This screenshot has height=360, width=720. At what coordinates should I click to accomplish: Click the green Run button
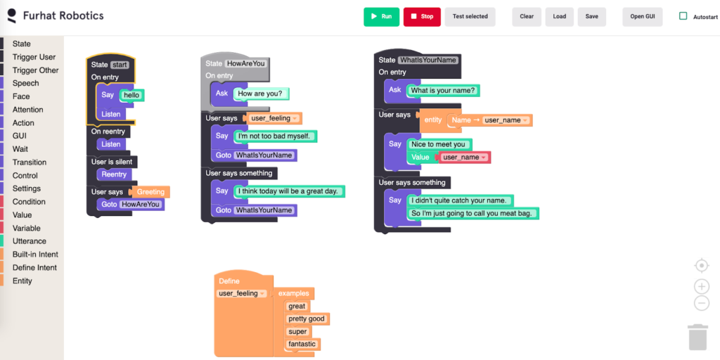[x=382, y=17]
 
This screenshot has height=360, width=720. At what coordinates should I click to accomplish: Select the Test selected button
[x=470, y=17]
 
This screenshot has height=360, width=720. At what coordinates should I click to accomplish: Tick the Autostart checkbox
[x=683, y=16]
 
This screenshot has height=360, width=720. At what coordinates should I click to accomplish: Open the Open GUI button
[x=643, y=17]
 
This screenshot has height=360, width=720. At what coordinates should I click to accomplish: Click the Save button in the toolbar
[x=592, y=17]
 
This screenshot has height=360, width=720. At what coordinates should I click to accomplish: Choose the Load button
[x=559, y=17]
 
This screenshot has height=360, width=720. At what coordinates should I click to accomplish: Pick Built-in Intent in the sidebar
[x=35, y=255]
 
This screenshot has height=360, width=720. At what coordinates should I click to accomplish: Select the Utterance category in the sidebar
[x=30, y=241]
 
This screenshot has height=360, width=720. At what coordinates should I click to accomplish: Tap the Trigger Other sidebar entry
[x=35, y=70]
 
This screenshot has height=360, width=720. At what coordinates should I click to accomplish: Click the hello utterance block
[x=132, y=96]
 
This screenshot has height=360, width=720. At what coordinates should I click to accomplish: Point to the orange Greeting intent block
[x=150, y=192]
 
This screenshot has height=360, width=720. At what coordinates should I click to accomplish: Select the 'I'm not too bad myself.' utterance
[x=275, y=136]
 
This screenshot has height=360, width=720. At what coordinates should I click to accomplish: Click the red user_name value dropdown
[x=465, y=157]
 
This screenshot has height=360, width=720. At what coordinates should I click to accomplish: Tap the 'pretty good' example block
[x=307, y=319]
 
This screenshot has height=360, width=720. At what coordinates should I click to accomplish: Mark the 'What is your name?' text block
[x=443, y=91]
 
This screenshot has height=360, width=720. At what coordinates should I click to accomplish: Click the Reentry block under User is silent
[x=114, y=175]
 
